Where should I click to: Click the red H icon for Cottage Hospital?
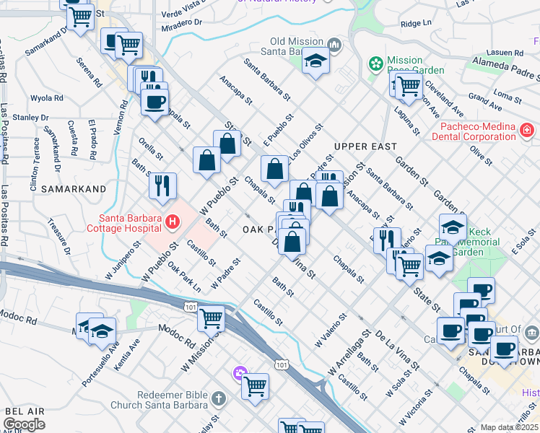172,221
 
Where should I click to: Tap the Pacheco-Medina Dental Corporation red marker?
527,131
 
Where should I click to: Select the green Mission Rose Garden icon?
375,64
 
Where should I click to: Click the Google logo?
24,424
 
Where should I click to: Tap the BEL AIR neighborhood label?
25,411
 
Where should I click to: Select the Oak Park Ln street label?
184,277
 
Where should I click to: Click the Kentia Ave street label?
126,356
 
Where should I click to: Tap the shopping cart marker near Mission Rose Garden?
408,86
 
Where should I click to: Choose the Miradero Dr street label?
183,22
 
